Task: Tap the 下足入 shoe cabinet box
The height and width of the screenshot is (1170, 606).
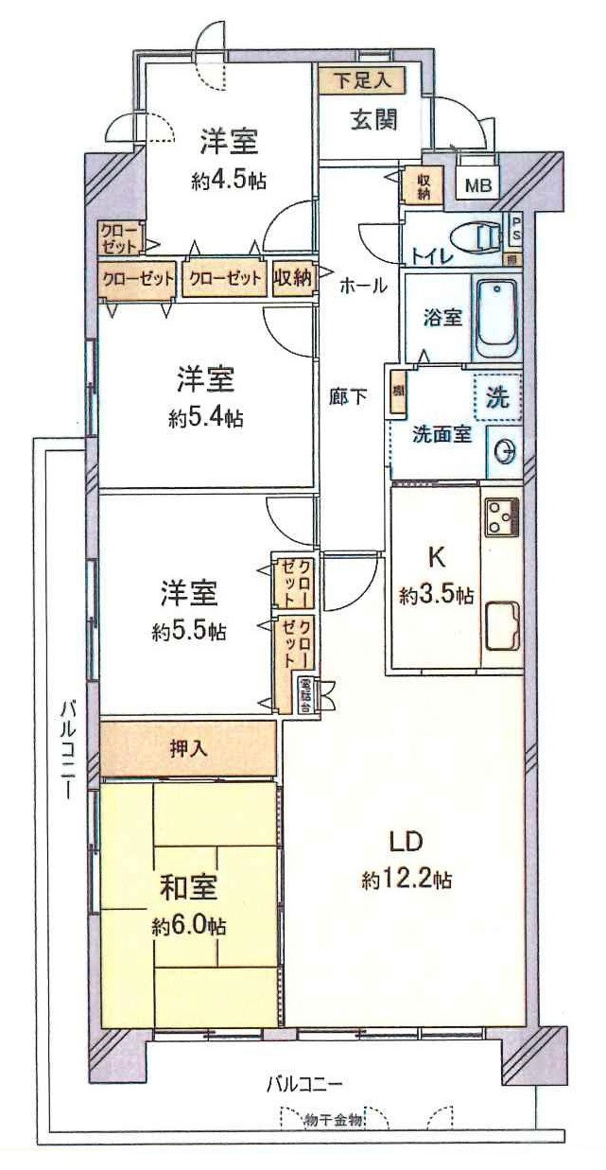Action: coord(361,80)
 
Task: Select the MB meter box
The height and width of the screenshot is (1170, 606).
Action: coord(478,185)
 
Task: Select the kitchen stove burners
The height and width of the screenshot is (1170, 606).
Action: coord(502,517)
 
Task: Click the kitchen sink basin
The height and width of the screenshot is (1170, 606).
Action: coord(501,625)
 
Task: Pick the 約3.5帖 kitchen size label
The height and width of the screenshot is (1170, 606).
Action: coord(436,596)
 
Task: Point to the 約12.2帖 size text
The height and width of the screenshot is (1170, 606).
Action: coord(407,881)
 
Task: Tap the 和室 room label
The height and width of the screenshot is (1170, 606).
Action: coord(189,889)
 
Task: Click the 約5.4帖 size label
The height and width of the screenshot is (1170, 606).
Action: coord(205,418)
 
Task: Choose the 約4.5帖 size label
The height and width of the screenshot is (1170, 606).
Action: coord(228,182)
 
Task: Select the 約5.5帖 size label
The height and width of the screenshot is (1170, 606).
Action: coord(188,631)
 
